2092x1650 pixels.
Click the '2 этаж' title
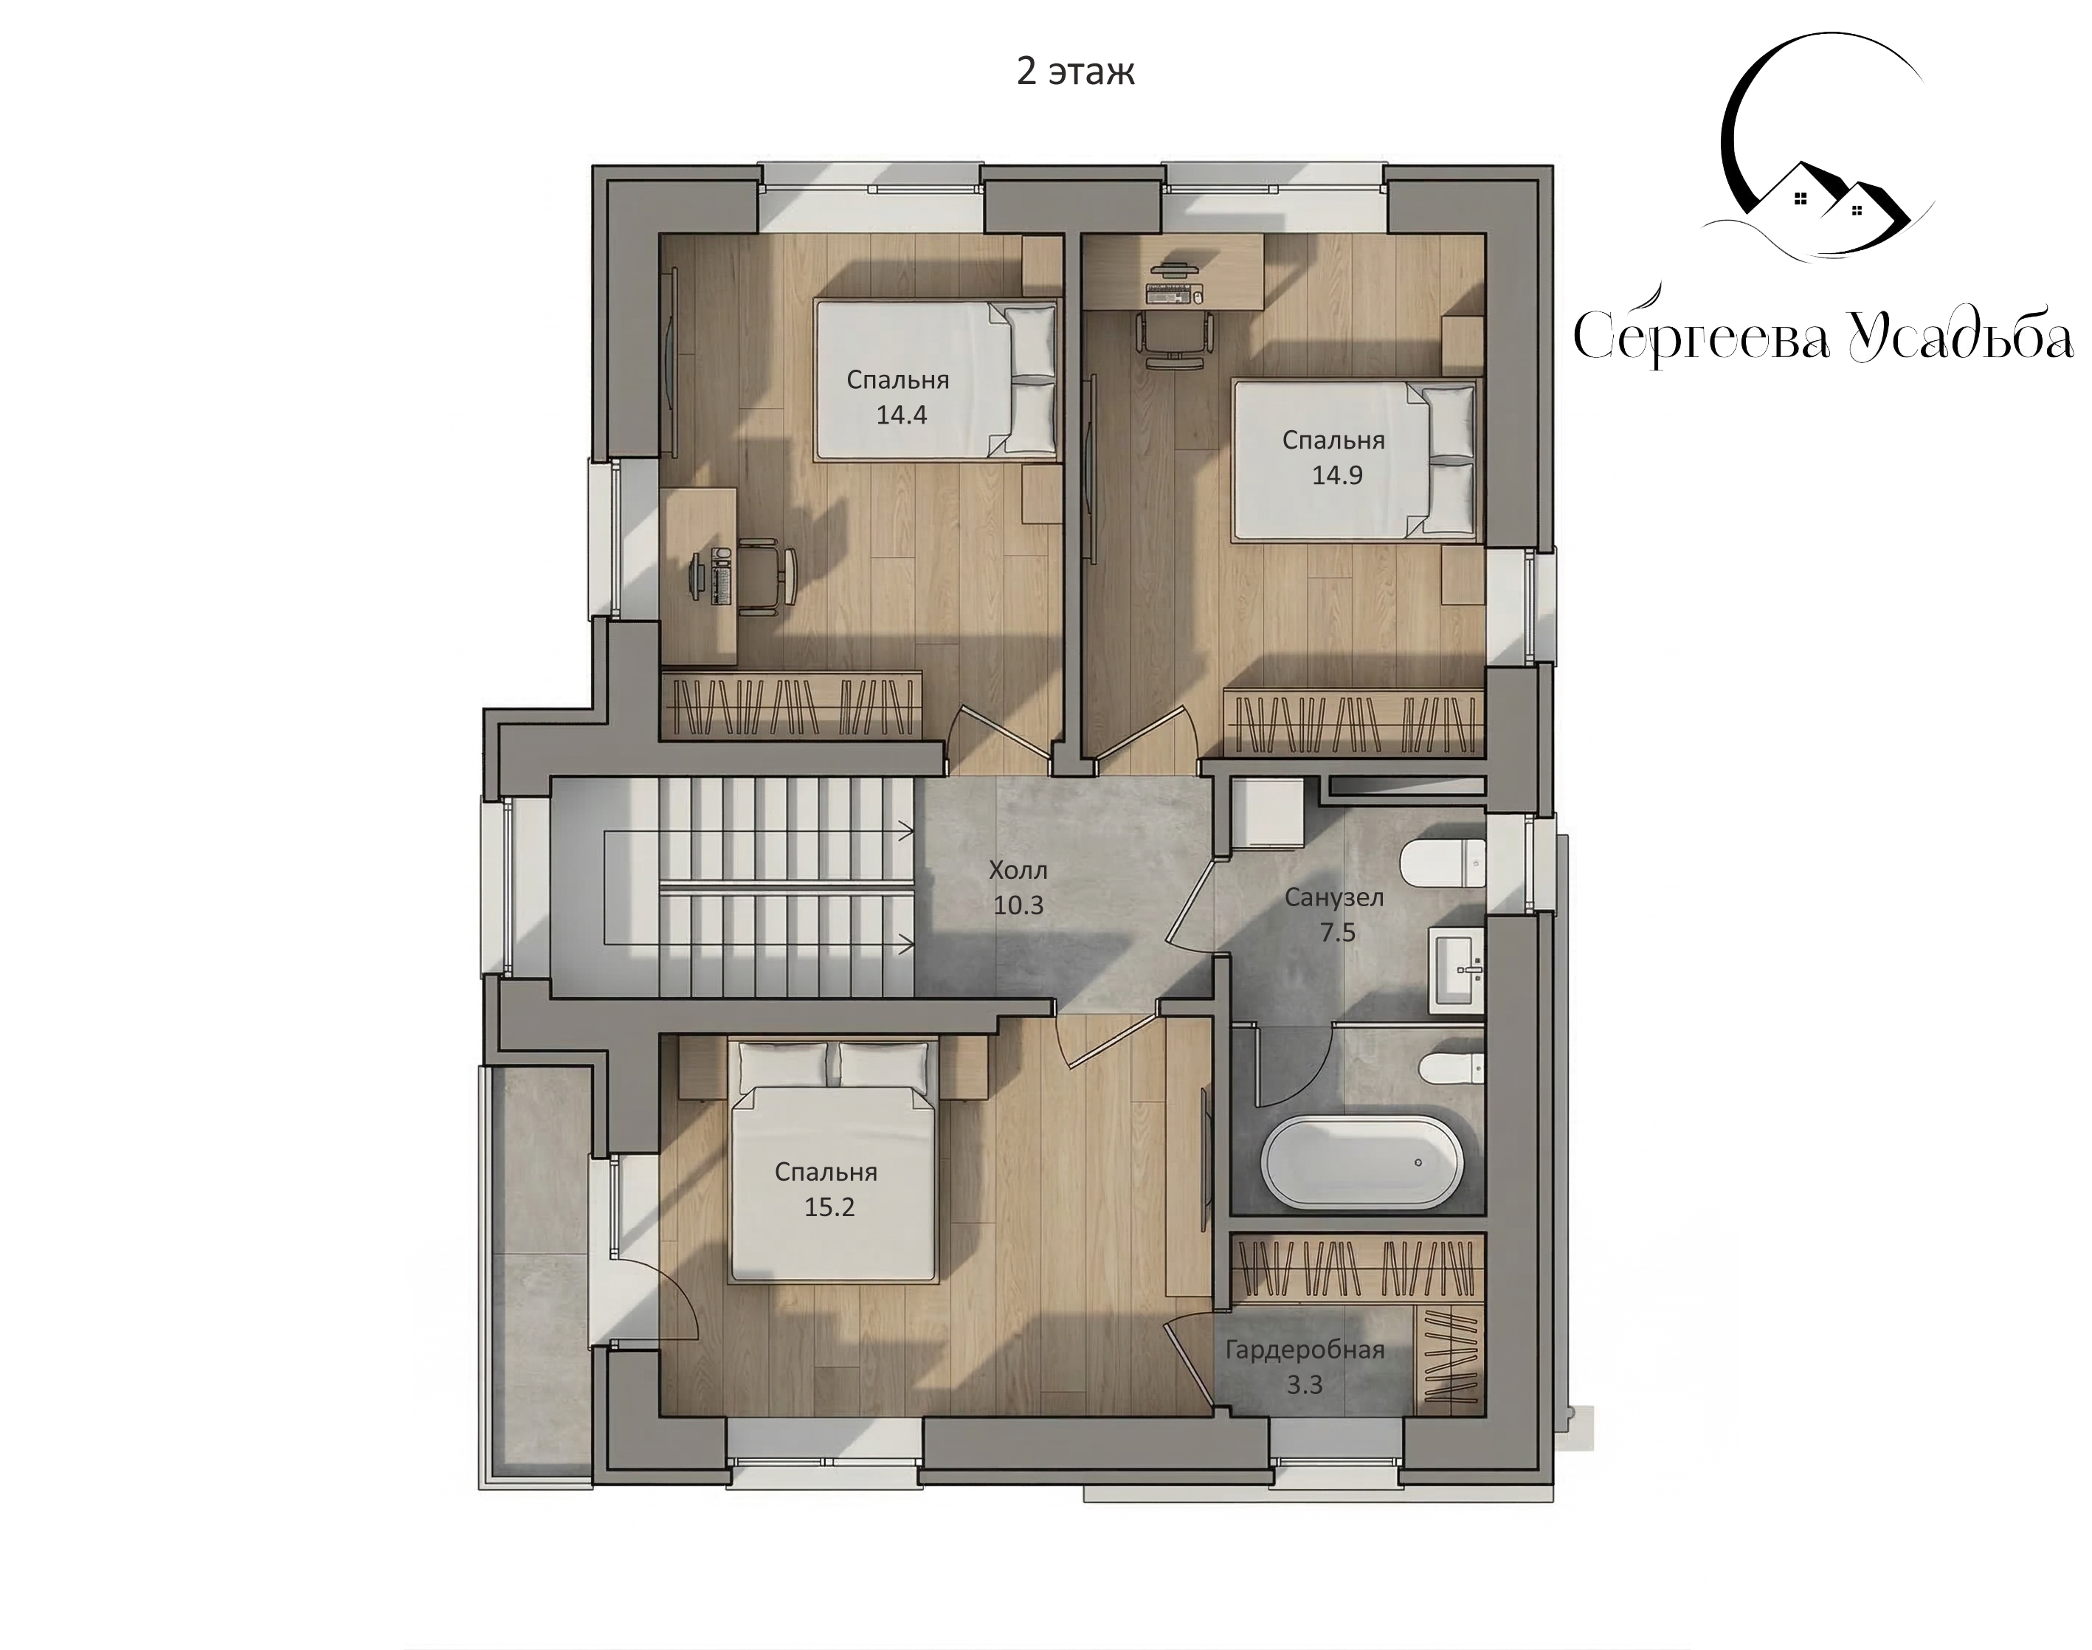point(1075,72)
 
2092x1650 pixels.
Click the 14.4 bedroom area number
point(901,415)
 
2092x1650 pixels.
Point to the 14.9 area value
point(1336,475)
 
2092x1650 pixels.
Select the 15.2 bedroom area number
point(829,1207)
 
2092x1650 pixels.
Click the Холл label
point(1018,871)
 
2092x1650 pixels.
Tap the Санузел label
point(1334,897)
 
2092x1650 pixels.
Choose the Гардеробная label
point(1305,1350)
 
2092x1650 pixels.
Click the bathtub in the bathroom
point(1361,1162)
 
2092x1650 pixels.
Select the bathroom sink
point(1457,969)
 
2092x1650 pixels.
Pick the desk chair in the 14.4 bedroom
point(768,577)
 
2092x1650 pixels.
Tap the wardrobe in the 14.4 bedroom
point(791,706)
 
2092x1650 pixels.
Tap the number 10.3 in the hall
point(1018,905)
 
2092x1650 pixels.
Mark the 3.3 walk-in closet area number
point(1304,1385)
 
